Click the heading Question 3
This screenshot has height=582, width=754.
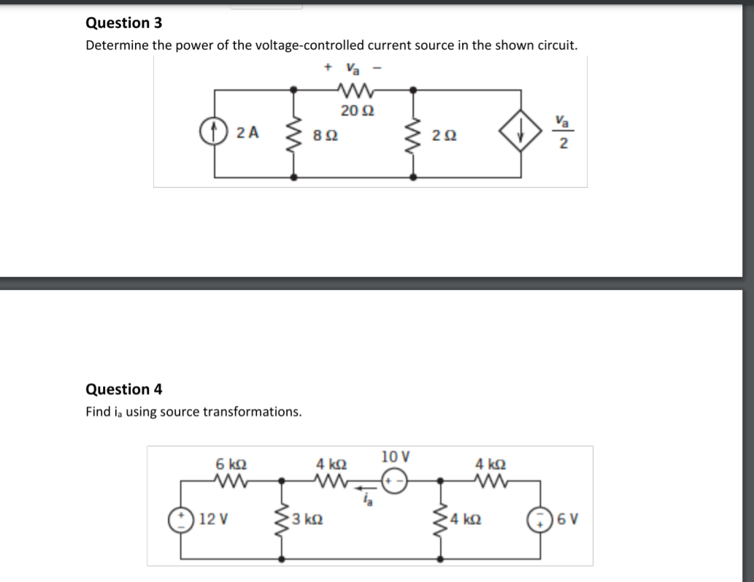[x=123, y=23]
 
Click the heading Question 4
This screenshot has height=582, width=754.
[x=123, y=389]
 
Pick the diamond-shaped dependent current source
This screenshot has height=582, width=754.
[x=520, y=134]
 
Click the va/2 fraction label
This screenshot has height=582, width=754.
[x=563, y=132]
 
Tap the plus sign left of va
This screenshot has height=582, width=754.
[x=328, y=68]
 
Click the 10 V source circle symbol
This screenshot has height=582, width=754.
[x=392, y=481]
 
